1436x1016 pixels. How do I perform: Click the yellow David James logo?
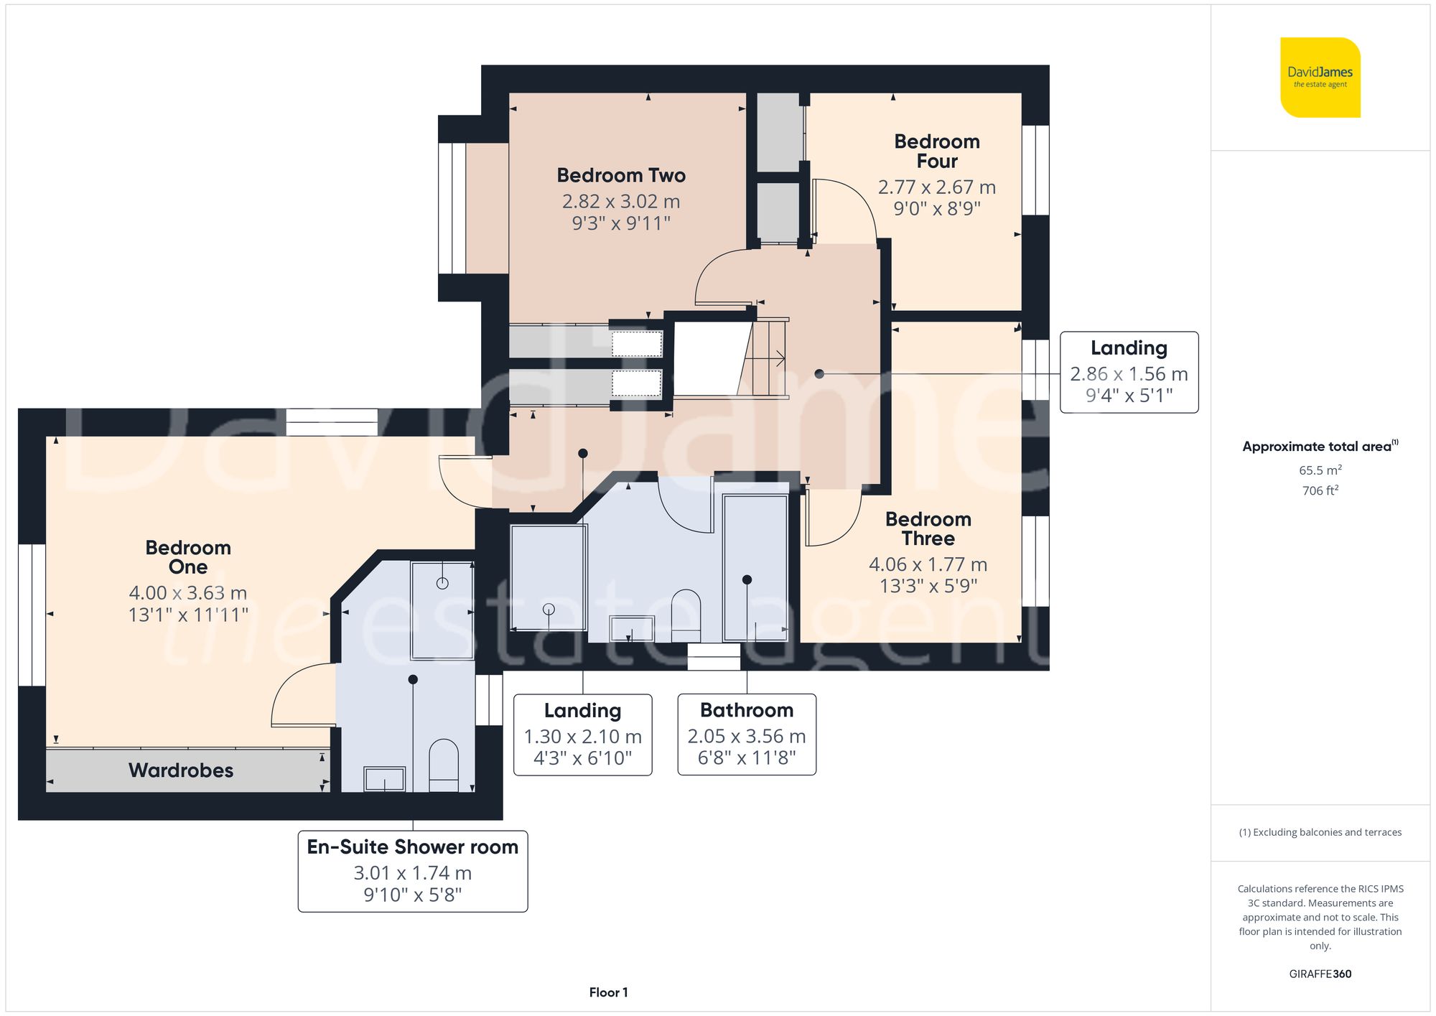point(1320,78)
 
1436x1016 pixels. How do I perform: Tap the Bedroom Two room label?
point(621,175)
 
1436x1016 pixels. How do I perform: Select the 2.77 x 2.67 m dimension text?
point(936,187)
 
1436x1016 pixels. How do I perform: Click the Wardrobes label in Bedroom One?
point(181,770)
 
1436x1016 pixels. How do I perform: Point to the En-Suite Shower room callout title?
point(412,847)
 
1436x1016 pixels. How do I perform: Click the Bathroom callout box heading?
point(747,710)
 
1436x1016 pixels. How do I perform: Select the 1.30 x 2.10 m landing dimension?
point(582,737)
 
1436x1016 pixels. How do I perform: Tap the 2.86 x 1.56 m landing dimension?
point(1128,374)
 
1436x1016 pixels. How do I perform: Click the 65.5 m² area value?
point(1320,470)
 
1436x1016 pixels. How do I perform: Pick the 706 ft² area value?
point(1320,490)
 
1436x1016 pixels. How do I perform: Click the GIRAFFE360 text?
point(1320,974)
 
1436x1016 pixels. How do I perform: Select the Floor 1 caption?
point(608,992)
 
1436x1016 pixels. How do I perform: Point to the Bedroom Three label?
point(928,528)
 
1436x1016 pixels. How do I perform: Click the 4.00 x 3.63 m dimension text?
point(187,593)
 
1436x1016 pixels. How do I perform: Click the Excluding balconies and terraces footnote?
point(1320,832)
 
